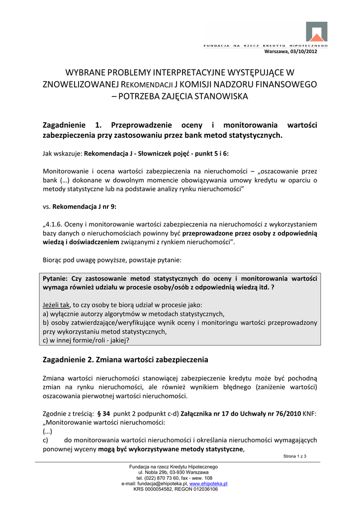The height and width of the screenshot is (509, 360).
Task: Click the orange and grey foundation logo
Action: [316, 31]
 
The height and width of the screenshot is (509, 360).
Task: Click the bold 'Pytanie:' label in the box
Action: [56, 279]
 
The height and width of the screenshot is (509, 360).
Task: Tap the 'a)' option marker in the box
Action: [46, 314]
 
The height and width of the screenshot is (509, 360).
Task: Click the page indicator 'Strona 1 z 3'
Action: [294, 456]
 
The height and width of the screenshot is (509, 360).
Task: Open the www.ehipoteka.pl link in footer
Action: [208, 483]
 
